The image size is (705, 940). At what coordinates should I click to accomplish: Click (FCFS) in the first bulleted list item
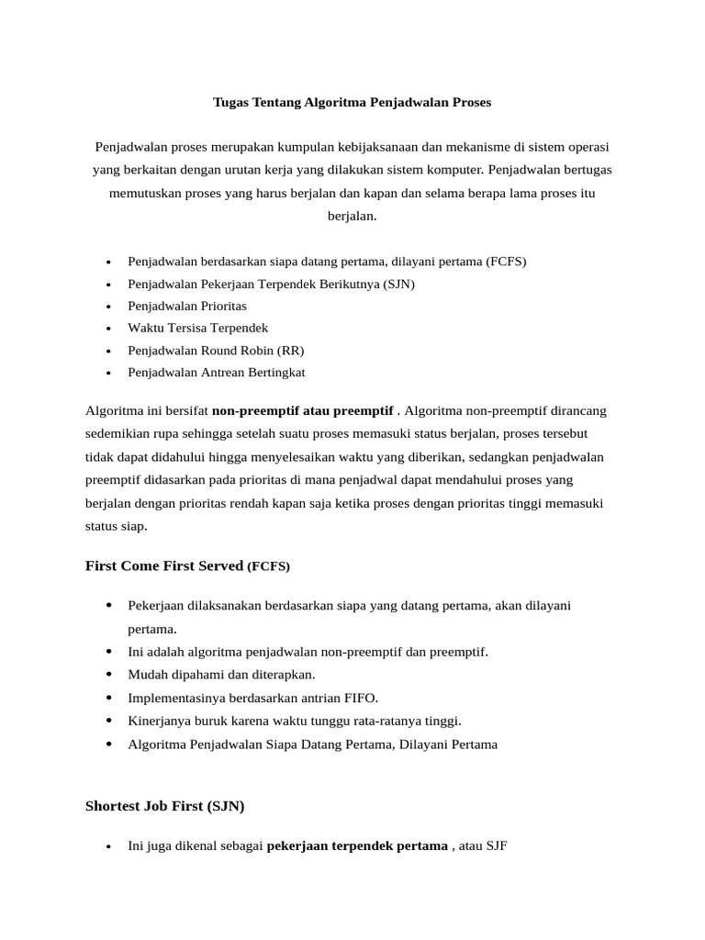pos(507,262)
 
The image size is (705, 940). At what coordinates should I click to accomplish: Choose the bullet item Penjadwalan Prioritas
pos(187,306)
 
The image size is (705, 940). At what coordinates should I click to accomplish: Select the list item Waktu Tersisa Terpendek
pos(198,329)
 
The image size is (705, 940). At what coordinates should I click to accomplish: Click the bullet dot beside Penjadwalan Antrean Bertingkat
pos(108,374)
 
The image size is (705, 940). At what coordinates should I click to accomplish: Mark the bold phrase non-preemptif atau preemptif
pos(303,410)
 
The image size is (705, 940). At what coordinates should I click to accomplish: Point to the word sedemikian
pos(117,433)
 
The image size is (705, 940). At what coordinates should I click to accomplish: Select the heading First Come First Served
pos(163,566)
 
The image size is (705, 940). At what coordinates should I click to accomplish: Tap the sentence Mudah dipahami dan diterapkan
pos(209,675)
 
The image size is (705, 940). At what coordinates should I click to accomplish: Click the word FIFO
pos(360,698)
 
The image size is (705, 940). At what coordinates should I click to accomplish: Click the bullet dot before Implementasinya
pos(108,698)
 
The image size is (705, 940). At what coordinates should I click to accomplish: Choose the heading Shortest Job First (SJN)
pos(165,807)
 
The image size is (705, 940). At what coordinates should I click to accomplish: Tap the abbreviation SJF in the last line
pos(496,845)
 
